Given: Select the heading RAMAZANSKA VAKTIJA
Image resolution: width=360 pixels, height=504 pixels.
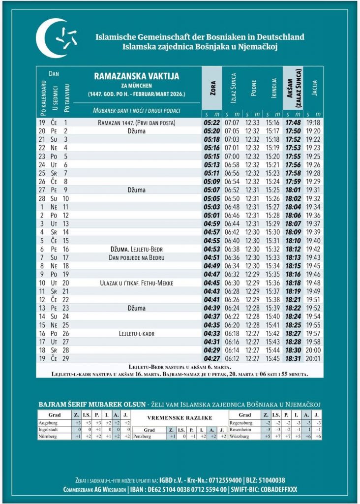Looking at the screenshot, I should pos(136,76).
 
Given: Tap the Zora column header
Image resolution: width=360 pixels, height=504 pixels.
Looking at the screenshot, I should pos(212,92).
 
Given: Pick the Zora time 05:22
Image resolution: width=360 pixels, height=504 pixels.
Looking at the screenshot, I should pos(212,123).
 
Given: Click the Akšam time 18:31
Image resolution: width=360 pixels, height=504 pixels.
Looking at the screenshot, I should pos(293,359).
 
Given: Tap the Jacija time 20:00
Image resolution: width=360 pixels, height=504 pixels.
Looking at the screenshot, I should pos(313,350).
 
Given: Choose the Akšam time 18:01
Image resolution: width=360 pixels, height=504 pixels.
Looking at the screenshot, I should pos(293,190).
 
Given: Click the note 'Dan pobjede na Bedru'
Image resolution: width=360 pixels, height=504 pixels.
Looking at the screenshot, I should pos(137,257).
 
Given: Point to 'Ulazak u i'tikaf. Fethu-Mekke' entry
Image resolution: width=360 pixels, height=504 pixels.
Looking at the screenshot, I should pos(136,283).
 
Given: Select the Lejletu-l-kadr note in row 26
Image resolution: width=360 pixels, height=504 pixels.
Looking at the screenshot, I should pos(137,333).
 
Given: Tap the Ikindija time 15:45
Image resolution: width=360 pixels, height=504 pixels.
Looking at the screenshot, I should pos(272,359).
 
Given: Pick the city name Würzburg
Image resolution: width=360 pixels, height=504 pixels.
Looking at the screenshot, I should pos(240,436).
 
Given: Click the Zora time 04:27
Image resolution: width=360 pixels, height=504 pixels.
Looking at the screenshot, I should pos(212,359).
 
